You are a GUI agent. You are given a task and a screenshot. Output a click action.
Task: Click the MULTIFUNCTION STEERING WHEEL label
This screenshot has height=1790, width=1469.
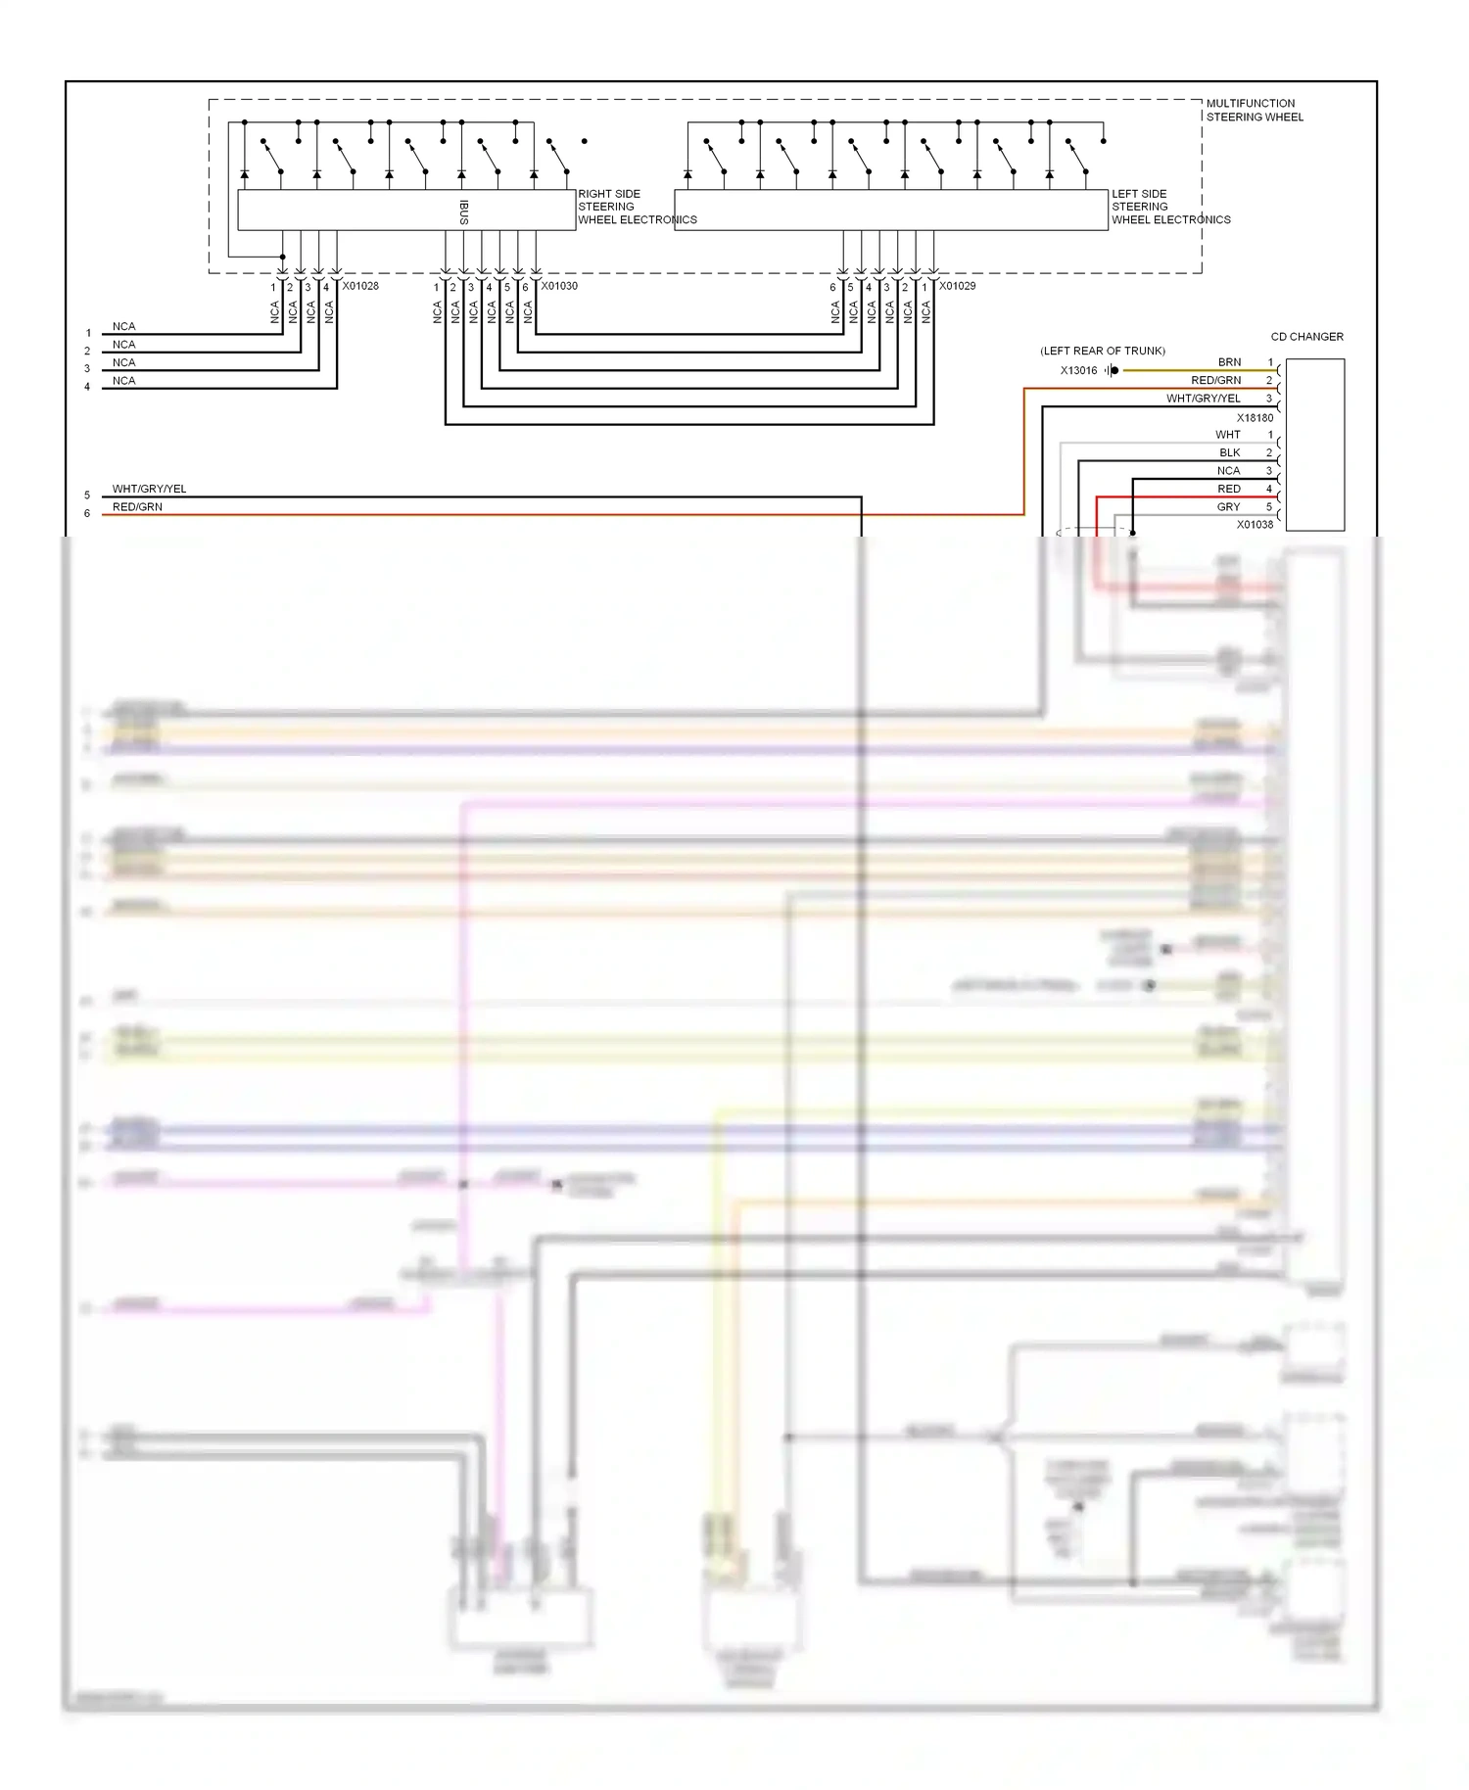point(1254,110)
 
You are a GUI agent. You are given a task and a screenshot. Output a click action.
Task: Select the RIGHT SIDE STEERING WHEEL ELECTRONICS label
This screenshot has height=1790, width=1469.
point(637,207)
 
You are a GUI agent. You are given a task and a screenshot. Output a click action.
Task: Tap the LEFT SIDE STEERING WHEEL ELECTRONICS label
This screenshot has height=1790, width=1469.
point(1170,207)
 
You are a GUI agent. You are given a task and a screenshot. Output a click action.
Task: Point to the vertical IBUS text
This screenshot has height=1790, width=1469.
point(464,212)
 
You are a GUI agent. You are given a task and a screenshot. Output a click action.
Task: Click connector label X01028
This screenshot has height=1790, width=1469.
point(360,286)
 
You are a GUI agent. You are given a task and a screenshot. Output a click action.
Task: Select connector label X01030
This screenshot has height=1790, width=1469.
point(559,286)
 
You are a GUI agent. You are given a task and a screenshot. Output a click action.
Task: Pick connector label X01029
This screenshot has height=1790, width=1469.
point(957,286)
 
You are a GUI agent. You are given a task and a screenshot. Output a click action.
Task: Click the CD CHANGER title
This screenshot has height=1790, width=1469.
point(1306,337)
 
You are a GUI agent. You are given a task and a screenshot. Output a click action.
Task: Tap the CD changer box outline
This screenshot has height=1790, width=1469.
point(1314,445)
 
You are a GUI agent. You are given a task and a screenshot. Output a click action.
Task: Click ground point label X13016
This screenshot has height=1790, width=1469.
point(1078,370)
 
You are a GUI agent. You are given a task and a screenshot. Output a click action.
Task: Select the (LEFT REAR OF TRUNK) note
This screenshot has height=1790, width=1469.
point(1102,351)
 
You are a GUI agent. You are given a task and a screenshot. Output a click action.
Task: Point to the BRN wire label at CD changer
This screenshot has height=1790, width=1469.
point(1229,362)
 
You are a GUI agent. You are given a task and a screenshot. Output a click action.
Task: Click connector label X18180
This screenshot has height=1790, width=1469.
point(1255,418)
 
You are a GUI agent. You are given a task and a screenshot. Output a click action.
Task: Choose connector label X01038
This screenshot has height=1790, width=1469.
point(1255,525)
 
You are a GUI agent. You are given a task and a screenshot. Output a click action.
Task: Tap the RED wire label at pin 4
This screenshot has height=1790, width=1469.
point(1228,489)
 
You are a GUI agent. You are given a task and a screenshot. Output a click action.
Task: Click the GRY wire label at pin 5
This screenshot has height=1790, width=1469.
point(1228,507)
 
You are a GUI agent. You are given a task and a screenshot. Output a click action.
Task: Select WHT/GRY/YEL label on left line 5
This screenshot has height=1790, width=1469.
point(149,489)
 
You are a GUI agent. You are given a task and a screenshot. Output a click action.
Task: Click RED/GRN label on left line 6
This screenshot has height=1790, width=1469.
point(137,507)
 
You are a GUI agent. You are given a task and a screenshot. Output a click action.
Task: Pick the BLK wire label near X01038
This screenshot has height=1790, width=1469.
point(1229,452)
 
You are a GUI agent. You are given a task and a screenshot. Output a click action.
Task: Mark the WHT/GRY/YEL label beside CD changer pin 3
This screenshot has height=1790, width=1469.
point(1203,399)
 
